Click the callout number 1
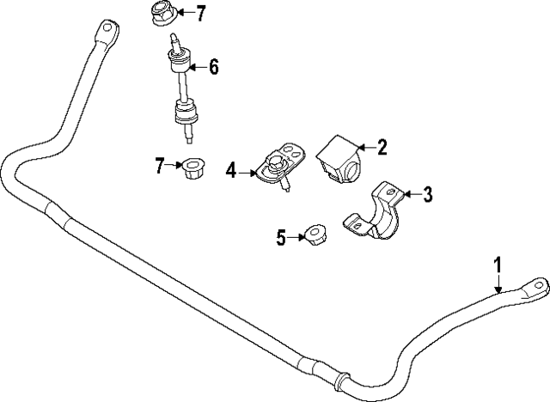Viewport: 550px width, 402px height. (498, 265)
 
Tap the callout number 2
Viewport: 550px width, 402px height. (382, 147)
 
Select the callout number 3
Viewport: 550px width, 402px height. (427, 195)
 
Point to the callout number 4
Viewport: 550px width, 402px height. (230, 171)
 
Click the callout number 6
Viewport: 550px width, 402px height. (214, 65)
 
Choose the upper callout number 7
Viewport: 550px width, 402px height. (201, 13)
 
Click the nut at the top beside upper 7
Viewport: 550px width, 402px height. (163, 15)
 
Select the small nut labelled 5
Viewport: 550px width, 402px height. (315, 234)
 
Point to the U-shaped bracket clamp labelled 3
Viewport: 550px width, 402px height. (378, 213)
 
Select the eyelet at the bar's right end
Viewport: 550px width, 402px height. (535, 285)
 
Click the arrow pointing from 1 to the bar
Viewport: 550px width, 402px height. (498, 286)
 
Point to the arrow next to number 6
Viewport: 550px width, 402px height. (196, 65)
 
